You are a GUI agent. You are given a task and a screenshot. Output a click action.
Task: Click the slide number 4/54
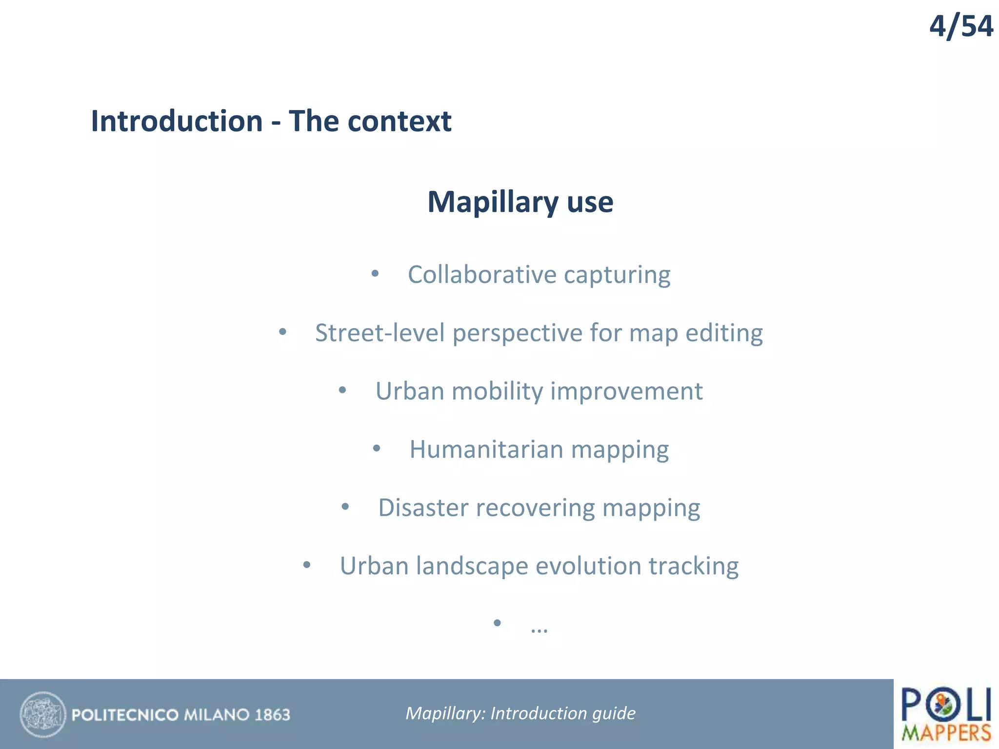[x=960, y=27]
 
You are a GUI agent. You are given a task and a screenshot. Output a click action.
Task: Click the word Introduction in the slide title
[x=177, y=121]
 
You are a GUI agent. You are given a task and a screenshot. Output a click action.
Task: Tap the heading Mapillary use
[x=520, y=202]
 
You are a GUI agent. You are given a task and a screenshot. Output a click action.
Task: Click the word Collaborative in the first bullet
[x=481, y=275]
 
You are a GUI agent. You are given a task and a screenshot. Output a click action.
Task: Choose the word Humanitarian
[x=486, y=450]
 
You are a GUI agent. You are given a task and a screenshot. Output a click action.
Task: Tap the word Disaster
[x=423, y=508]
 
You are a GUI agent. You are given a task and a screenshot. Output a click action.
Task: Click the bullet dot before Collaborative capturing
[x=375, y=274]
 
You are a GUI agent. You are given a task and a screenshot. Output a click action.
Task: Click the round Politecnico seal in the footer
[x=43, y=714]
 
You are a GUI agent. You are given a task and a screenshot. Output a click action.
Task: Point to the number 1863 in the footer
[x=272, y=715]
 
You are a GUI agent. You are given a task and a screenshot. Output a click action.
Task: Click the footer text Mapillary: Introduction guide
[x=520, y=713]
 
